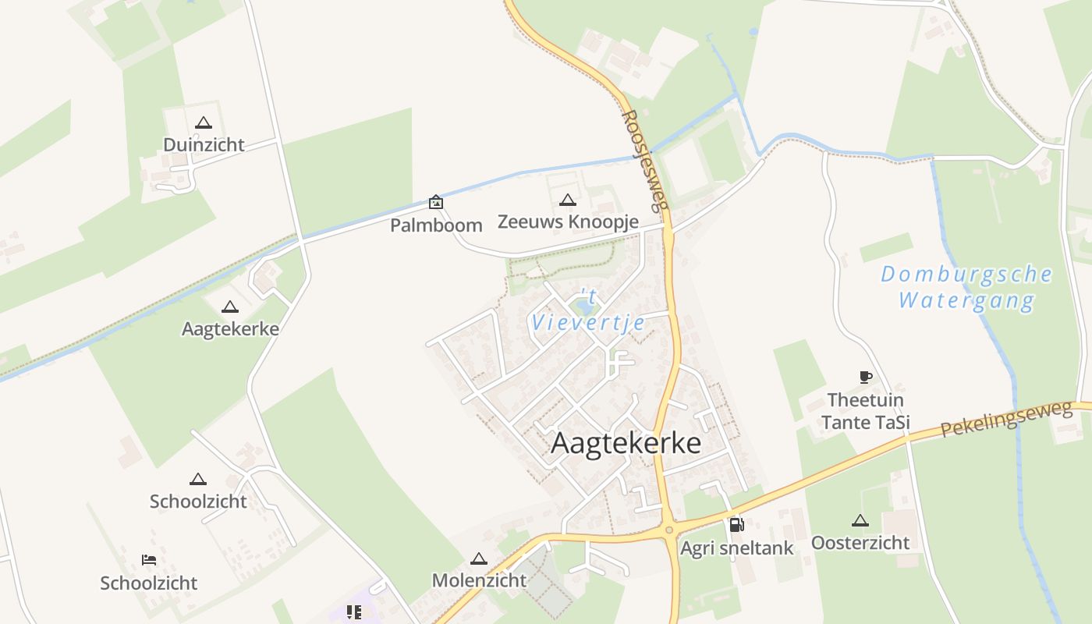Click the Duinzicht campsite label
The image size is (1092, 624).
coord(204,144)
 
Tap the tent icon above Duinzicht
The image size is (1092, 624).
coord(204,122)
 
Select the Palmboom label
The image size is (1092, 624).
coord(436,225)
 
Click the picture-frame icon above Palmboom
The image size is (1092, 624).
coord(436,203)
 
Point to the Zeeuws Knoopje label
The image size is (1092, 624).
coord(568,222)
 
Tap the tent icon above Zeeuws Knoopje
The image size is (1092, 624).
coord(568,200)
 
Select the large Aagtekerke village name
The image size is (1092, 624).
coord(626,443)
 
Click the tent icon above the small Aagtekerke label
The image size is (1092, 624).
coord(229,307)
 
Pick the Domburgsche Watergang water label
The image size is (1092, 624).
coord(966,287)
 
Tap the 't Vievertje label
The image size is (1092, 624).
coord(588,310)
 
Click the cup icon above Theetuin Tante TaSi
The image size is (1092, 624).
coord(865,378)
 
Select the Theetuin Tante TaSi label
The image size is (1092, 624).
coord(865,411)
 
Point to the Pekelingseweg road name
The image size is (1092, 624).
coord(1006,420)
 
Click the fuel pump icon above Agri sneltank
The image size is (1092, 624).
coord(736,525)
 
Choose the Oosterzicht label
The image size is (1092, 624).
coord(860,542)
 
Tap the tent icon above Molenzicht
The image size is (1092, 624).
coord(479,558)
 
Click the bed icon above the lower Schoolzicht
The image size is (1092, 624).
coord(148,560)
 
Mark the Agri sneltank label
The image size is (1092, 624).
coord(736,548)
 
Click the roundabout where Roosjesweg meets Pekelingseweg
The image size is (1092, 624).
coord(668,530)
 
